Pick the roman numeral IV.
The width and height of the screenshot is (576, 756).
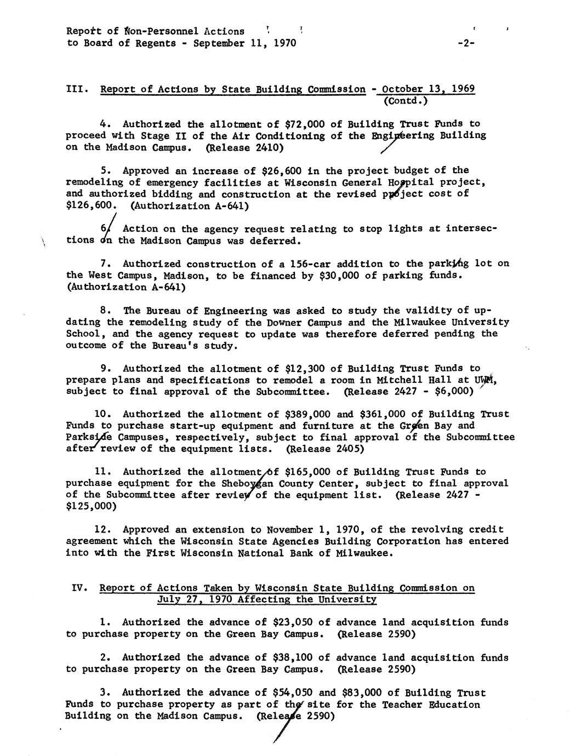click(x=80, y=588)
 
